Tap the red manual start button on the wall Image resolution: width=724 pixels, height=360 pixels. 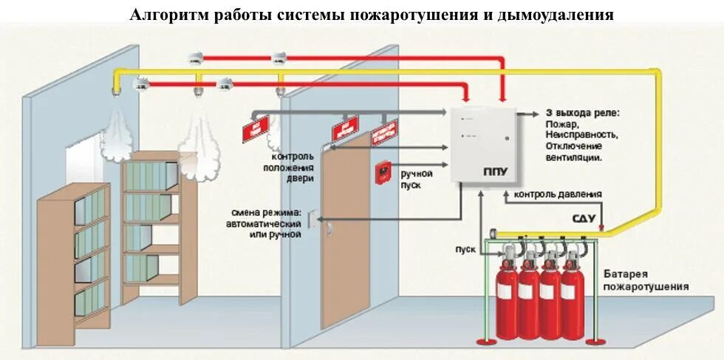click(x=383, y=171)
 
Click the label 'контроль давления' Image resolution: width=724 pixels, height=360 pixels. click(x=557, y=194)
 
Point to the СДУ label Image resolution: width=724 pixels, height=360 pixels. click(x=584, y=220)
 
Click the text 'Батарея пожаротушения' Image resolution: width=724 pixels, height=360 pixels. click(x=644, y=279)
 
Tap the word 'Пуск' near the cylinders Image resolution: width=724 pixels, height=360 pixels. click(x=465, y=249)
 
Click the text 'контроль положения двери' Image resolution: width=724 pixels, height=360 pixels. click(x=293, y=168)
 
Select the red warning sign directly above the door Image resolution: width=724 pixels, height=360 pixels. click(x=346, y=130)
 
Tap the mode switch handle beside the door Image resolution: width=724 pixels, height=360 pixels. click(x=313, y=220)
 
